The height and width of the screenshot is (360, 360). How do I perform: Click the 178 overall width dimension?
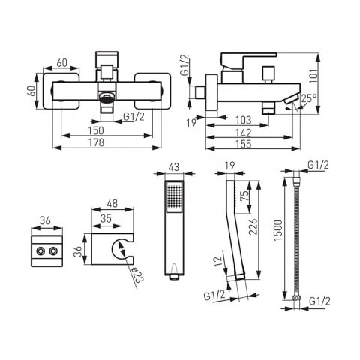pyautogui.click(x=96, y=142)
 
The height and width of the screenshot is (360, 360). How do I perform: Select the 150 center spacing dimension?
pyautogui.click(x=96, y=130)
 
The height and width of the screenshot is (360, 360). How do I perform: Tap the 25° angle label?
pyautogui.click(x=309, y=98)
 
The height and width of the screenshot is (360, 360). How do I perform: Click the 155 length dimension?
pyautogui.click(x=244, y=144)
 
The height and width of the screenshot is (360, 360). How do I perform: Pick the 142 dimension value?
pyautogui.click(x=244, y=133)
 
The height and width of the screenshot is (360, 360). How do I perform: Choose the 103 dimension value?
pyautogui.click(x=244, y=121)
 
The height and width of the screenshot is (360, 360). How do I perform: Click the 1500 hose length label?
pyautogui.click(x=278, y=230)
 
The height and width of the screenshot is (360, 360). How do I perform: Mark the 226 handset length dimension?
pyautogui.click(x=253, y=226)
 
